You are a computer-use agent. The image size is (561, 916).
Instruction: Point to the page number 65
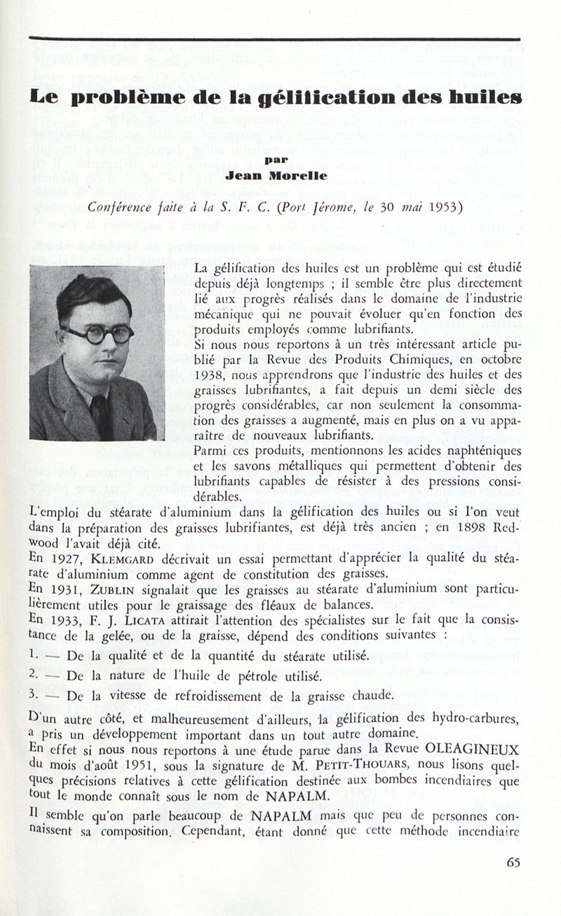pyautogui.click(x=513, y=863)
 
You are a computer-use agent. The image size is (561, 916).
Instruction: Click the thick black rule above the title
pyautogui.click(x=274, y=39)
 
